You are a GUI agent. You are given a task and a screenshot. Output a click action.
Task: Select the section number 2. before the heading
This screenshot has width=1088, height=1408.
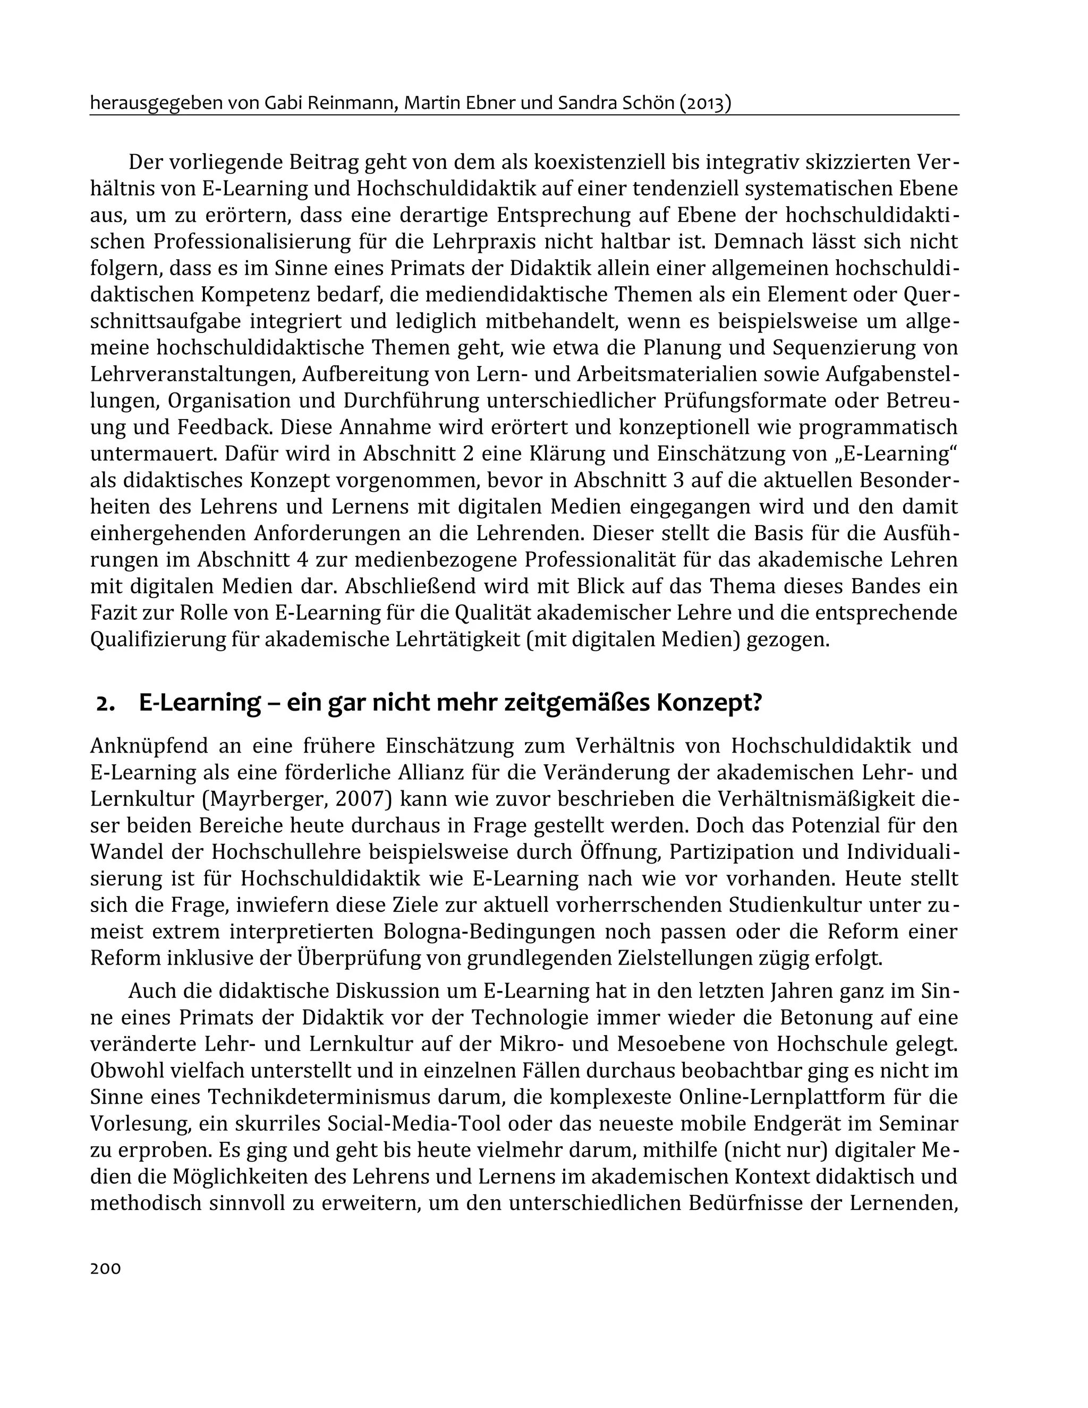point(105,703)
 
